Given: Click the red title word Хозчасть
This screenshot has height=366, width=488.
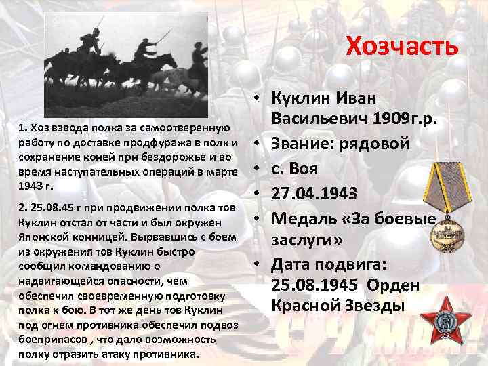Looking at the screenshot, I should [x=402, y=46].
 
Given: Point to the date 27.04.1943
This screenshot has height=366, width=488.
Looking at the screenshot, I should [x=315, y=193].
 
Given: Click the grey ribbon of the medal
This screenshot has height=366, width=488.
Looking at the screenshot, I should [x=441, y=186].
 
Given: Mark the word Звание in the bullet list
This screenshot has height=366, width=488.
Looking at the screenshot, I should [x=302, y=143].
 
